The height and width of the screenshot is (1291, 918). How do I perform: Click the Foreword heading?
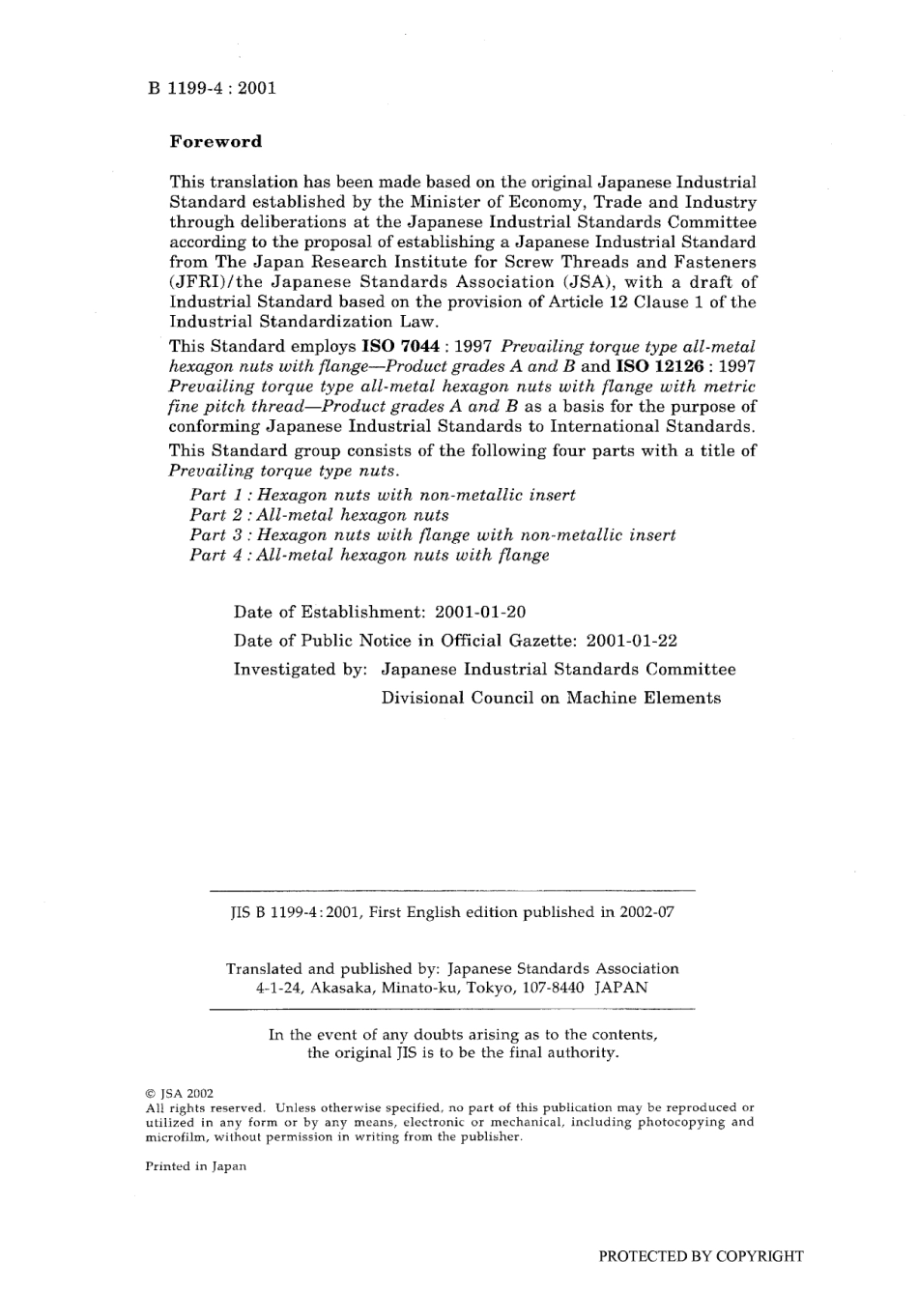coord(215,141)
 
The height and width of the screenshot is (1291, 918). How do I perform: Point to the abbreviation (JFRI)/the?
coord(215,282)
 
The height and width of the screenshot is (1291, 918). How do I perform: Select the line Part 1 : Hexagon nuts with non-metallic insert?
coord(382,495)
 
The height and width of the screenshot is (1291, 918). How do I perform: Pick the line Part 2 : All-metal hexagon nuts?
coord(319,515)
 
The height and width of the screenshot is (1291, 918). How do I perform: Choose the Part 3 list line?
coord(432,535)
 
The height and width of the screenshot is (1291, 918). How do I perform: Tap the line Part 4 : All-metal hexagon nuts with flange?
coord(369,556)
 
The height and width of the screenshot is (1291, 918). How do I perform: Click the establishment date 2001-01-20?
coord(480,613)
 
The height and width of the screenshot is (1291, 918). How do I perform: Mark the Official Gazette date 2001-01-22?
coord(631,641)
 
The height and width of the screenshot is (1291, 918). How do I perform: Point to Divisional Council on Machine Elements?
coord(550,699)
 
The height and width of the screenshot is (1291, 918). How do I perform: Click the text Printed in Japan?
coord(195,1166)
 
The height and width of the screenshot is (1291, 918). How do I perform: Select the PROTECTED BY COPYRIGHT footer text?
coord(701,1256)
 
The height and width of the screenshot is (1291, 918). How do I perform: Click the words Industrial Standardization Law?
coord(303,322)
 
